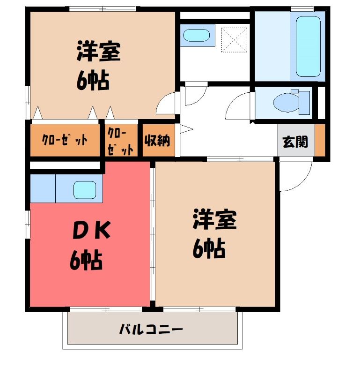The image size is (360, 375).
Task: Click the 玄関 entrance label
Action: (295, 142)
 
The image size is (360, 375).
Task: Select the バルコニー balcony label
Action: (151, 330)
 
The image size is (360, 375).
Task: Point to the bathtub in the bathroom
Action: (308, 46)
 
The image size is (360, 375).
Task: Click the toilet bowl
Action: (286, 102)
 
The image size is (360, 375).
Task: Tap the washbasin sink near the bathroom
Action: (196, 36)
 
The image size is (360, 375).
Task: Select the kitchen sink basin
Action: (85, 190)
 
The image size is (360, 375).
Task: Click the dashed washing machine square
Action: (234, 40)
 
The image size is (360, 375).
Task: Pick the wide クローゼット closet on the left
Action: (65, 140)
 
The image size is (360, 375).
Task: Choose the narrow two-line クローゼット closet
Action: (121, 140)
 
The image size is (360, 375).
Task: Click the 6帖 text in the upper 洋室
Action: (93, 80)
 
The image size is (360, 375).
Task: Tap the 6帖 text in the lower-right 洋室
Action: (209, 249)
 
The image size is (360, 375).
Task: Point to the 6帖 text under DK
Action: (86, 261)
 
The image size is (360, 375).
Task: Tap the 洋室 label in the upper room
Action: (98, 52)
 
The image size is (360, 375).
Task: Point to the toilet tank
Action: (304, 102)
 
